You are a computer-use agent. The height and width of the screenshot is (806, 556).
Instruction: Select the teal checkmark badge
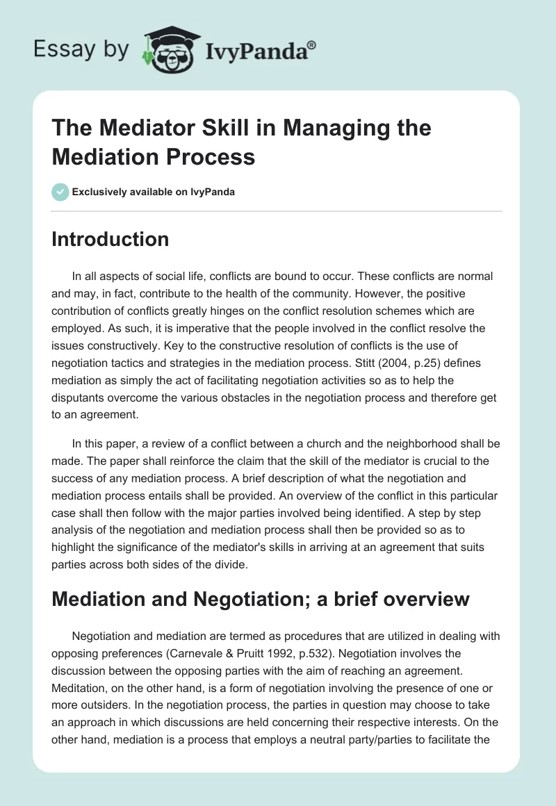60,192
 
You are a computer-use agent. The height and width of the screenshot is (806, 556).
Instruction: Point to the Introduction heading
111,239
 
